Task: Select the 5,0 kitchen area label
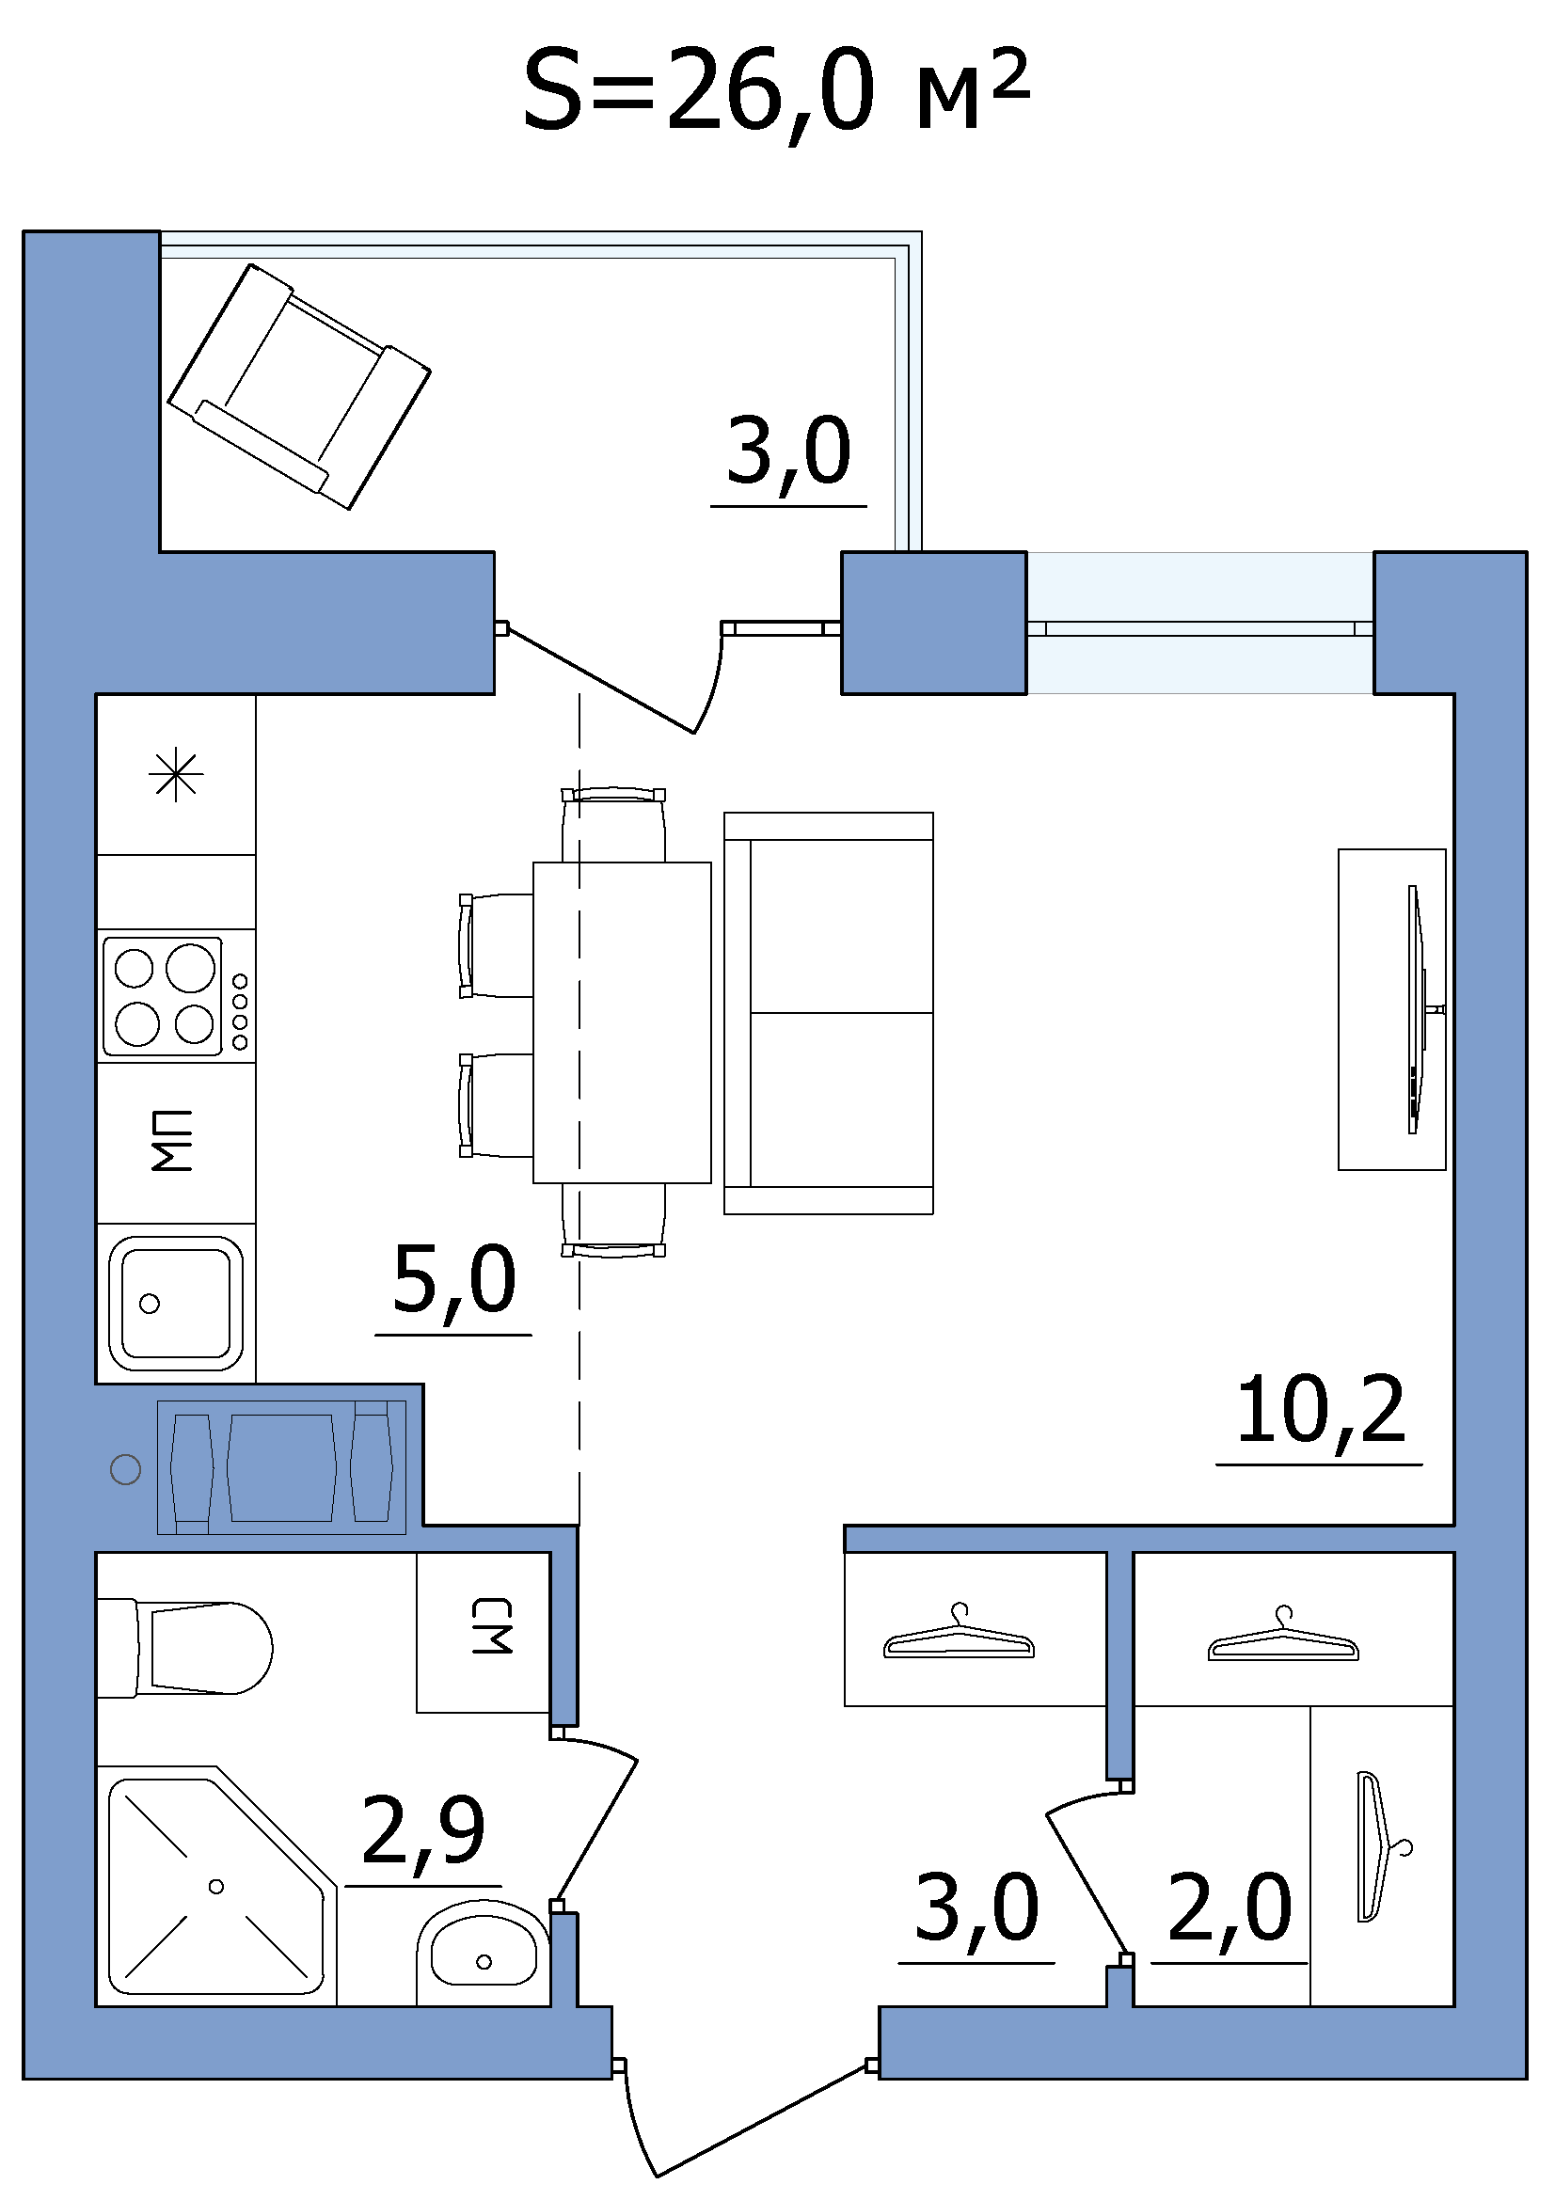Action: [454, 1280]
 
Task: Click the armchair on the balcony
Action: [299, 387]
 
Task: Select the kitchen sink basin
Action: [175, 1304]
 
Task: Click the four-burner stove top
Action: [176, 996]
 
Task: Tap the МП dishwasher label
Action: [172, 1141]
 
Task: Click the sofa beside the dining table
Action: [829, 1013]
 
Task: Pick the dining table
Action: [622, 1022]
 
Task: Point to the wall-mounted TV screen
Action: [1415, 1009]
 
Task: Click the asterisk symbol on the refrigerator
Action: [177, 775]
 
